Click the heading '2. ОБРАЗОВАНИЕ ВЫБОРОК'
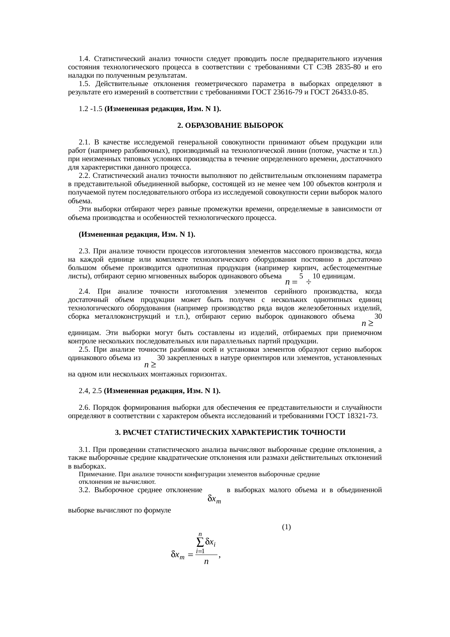(230, 126)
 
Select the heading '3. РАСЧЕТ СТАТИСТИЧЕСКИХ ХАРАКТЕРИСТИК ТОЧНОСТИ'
(230, 433)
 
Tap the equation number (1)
(286, 527)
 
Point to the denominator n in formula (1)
(206, 562)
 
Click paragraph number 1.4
(84, 59)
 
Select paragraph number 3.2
(84, 490)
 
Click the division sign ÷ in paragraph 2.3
(308, 282)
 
